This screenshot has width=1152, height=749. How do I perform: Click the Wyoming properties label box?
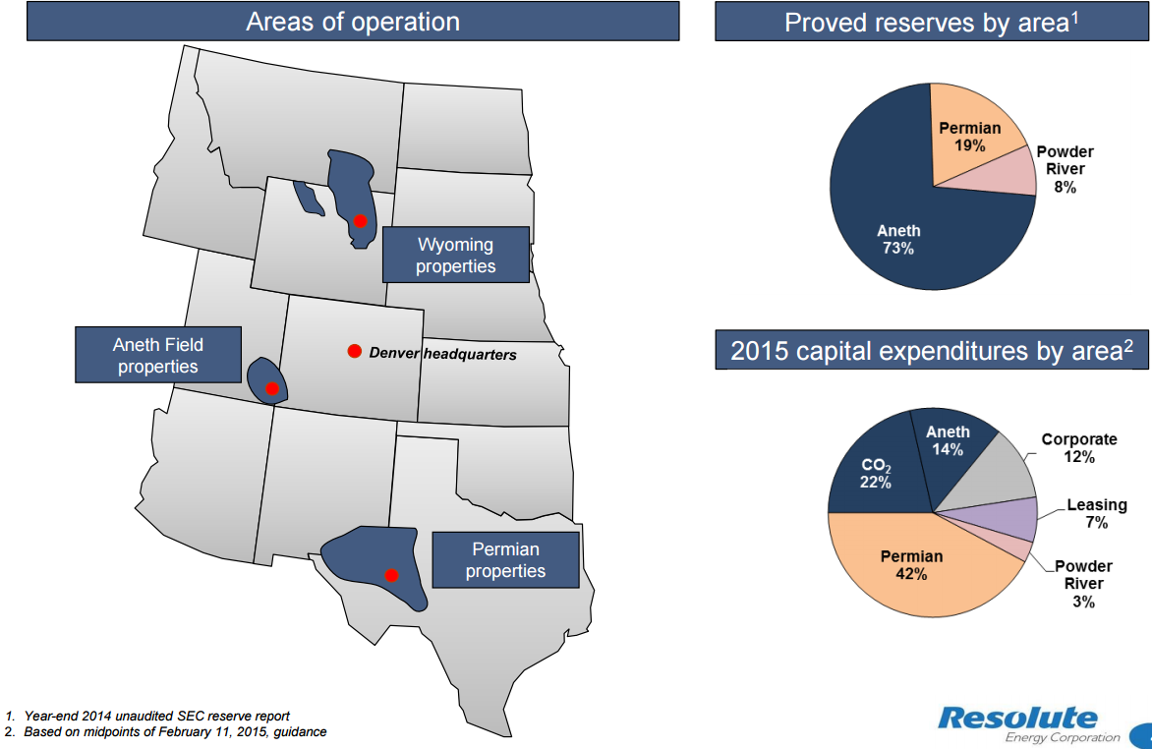point(455,255)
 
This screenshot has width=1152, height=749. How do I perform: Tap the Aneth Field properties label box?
point(157,355)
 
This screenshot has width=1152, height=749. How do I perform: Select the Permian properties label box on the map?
point(505,559)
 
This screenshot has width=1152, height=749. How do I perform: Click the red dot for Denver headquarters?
point(354,352)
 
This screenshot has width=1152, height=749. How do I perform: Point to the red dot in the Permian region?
point(391,575)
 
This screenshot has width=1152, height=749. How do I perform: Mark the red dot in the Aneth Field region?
point(272,388)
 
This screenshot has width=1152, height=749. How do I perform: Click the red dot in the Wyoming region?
point(361,221)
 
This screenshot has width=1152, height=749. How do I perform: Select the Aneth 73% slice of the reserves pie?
point(894,236)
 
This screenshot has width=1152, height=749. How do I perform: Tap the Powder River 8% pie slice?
point(1012,172)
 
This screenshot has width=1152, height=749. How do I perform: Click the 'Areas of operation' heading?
point(353,22)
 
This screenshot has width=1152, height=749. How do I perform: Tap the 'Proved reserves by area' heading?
point(931,22)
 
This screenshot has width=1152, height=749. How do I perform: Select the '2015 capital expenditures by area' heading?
point(931,351)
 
